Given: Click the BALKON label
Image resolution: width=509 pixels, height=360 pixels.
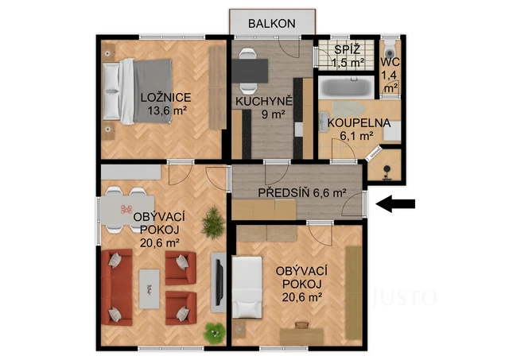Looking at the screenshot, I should click(x=272, y=23).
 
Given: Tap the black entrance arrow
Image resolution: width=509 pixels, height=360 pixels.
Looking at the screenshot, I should click(x=396, y=205).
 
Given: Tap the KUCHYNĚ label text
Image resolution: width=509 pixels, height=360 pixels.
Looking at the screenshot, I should click(x=264, y=101).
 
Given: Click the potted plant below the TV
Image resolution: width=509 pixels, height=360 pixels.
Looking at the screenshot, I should click(x=212, y=332).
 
